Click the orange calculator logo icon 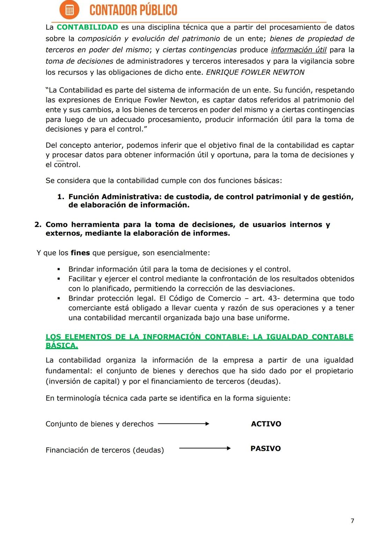point(69,10)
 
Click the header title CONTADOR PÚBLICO point(133,10)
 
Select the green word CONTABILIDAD point(87,27)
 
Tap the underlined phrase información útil point(299,50)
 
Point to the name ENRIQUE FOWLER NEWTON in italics point(255,72)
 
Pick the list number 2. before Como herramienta point(38,225)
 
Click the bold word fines point(80,253)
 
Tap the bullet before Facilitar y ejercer point(59,279)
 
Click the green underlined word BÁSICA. point(62,346)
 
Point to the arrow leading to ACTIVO point(184,424)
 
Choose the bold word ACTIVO point(266,424)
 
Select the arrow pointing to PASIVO point(205,448)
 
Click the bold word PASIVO point(266,449)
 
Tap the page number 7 point(352,521)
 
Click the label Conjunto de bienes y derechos point(99,424)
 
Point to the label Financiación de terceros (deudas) point(105,450)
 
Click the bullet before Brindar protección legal point(59,299)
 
